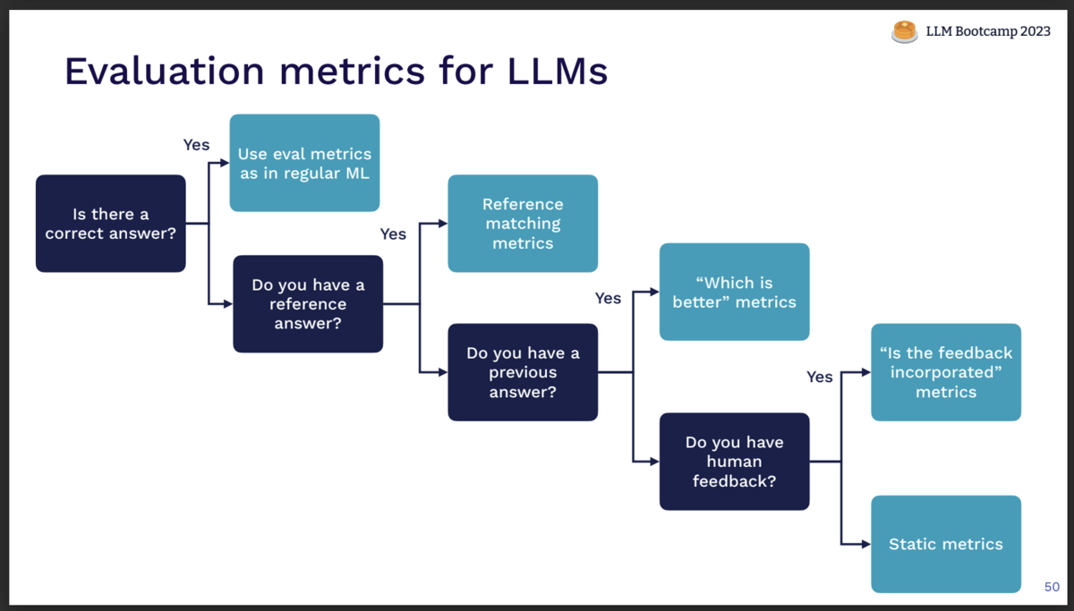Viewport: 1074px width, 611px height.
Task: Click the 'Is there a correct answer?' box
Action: click(x=110, y=224)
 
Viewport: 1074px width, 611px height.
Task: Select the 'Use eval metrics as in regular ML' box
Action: click(x=304, y=163)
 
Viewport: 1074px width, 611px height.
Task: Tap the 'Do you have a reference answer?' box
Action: click(x=308, y=304)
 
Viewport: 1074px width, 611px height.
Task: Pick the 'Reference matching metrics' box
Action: click(x=523, y=224)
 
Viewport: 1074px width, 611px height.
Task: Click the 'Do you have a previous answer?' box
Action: click(x=523, y=372)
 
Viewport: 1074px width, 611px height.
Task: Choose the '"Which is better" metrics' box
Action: click(x=734, y=292)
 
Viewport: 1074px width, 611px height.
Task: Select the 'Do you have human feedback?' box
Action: click(x=734, y=462)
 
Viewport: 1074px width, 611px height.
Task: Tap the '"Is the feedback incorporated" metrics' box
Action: click(x=945, y=372)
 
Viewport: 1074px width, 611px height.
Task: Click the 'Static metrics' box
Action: click(x=945, y=544)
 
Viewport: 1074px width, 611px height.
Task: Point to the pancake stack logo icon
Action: click(x=905, y=31)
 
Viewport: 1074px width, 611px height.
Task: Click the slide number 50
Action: click(x=1052, y=588)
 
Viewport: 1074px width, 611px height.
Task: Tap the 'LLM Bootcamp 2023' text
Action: click(x=988, y=31)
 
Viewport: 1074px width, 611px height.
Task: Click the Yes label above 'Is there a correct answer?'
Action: click(x=196, y=145)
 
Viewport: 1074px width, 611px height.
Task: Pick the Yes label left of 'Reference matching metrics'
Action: click(x=393, y=234)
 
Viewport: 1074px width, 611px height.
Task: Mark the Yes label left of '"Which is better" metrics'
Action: click(x=608, y=299)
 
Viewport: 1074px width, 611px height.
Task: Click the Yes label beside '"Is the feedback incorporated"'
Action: click(x=819, y=378)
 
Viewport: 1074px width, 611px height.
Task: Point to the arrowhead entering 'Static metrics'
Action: click(x=865, y=544)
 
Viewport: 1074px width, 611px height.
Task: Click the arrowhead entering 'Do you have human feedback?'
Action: click(x=654, y=462)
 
